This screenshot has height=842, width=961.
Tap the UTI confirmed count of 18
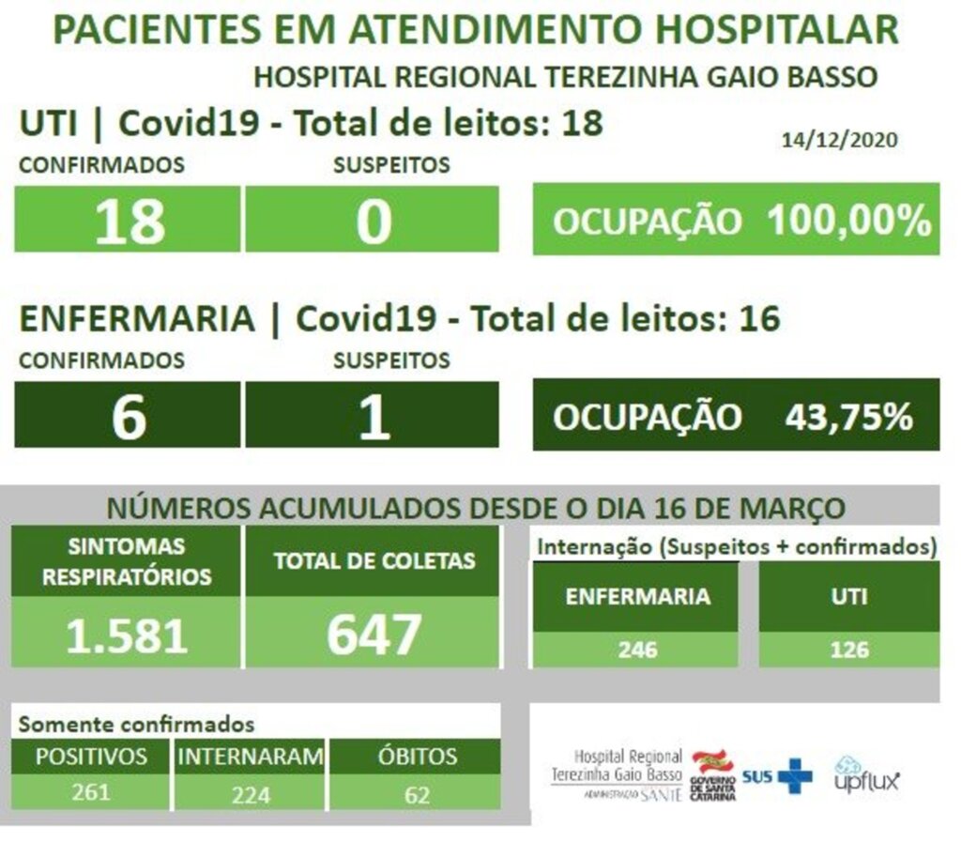click(130, 222)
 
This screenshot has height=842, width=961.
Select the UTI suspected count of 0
click(373, 222)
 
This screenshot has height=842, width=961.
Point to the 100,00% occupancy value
click(848, 222)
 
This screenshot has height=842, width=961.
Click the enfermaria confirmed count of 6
click(129, 417)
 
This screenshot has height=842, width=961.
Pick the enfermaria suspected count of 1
click(374, 417)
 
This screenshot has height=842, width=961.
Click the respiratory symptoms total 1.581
click(127, 635)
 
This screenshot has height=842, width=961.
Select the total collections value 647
click(373, 635)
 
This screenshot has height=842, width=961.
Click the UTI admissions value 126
click(848, 650)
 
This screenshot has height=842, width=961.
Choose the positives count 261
click(91, 791)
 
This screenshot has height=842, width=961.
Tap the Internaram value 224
click(251, 795)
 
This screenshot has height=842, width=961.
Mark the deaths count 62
click(417, 795)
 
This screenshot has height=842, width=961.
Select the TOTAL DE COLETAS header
click(374, 561)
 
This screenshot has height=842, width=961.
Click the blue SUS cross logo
click(796, 775)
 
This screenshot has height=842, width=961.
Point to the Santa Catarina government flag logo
click(713, 762)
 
